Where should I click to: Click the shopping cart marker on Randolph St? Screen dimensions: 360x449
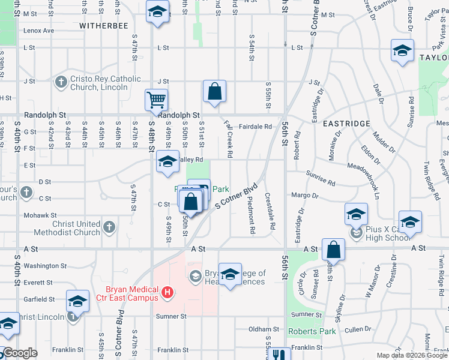click(x=156, y=100)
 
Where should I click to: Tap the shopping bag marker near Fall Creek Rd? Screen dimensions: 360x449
click(x=214, y=91)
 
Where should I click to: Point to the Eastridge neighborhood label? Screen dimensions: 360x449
click(x=346, y=123)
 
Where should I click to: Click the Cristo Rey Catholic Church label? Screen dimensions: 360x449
click(x=105, y=83)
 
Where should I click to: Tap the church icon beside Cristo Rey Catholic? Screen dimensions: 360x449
click(x=61, y=82)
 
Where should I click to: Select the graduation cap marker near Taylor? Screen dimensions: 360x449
click(x=402, y=50)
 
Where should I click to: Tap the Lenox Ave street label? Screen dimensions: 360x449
click(x=39, y=30)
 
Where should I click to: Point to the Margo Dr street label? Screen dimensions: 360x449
click(x=304, y=196)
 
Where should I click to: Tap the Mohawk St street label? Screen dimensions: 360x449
click(x=40, y=215)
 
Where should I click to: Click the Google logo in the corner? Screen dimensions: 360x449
click(x=20, y=353)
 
